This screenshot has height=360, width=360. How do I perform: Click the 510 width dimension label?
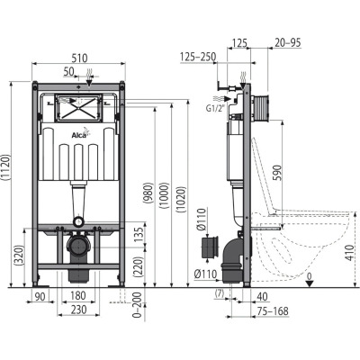coord(79,58)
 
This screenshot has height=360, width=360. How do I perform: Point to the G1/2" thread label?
coord(215,109)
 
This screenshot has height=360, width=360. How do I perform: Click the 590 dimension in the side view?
coord(277,172)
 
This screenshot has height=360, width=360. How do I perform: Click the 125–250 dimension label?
coord(199,57)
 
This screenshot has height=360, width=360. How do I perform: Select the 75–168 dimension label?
coord(273,311)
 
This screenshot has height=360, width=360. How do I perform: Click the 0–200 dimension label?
coord(138,305)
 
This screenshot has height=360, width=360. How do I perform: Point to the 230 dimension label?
coord(78,310)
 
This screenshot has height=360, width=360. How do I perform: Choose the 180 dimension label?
coord(78,295)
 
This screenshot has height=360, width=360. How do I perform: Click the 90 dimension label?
coord(40,296)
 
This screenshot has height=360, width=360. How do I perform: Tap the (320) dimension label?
coord(19,256)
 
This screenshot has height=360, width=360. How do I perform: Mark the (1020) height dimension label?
coord(182,200)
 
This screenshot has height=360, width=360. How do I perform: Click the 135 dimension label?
coord(138,233)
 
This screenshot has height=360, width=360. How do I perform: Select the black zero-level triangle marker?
coord(310,283)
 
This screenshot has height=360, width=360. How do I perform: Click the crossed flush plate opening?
coord(79,108)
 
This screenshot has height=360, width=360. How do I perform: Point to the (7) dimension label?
coord(220,294)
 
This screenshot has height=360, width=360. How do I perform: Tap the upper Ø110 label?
coord(202,220)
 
